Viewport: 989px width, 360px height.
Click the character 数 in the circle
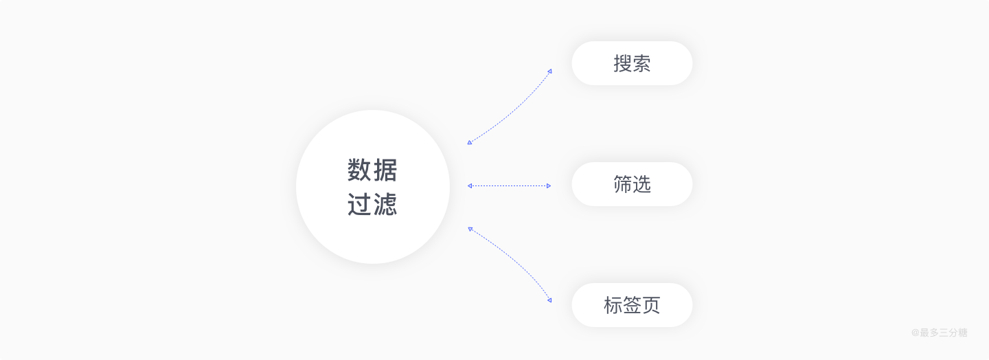tap(360, 170)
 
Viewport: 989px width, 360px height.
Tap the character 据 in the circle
tap(385, 170)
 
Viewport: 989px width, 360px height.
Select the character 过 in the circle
tap(360, 204)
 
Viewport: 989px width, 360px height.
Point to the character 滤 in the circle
tap(385, 204)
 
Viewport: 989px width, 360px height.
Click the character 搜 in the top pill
tap(623, 64)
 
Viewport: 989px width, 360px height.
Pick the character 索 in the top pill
tap(641, 64)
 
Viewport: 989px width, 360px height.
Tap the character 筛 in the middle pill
tap(623, 185)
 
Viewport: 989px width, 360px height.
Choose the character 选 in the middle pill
tap(641, 185)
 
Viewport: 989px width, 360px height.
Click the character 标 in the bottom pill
tap(613, 306)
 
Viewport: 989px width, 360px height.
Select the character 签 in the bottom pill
tap(632, 306)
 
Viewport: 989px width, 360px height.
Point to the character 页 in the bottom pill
tap(651, 306)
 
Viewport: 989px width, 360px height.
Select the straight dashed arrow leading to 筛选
tap(509, 185)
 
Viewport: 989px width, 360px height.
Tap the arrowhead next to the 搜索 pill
tap(549, 71)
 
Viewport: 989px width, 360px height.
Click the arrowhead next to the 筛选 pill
tap(548, 185)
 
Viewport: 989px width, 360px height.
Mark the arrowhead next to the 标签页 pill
tap(549, 300)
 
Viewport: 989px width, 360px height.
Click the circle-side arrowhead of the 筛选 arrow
tap(470, 185)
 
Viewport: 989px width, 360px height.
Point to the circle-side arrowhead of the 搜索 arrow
tap(470, 142)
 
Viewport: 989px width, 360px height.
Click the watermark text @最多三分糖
tap(939, 333)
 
